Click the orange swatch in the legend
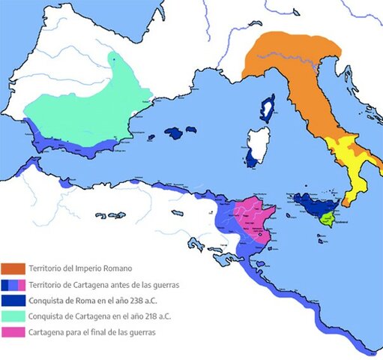pos(13,268)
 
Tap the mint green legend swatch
pos(13,316)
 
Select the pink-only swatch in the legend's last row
pos(13,332)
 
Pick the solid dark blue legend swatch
pos(13,301)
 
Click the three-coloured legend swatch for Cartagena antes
pos(13,285)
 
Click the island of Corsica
pos(266,109)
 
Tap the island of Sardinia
pos(259,147)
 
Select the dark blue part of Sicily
pos(308,203)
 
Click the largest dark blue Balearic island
pos(174,133)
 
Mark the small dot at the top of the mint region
pos(112,55)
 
